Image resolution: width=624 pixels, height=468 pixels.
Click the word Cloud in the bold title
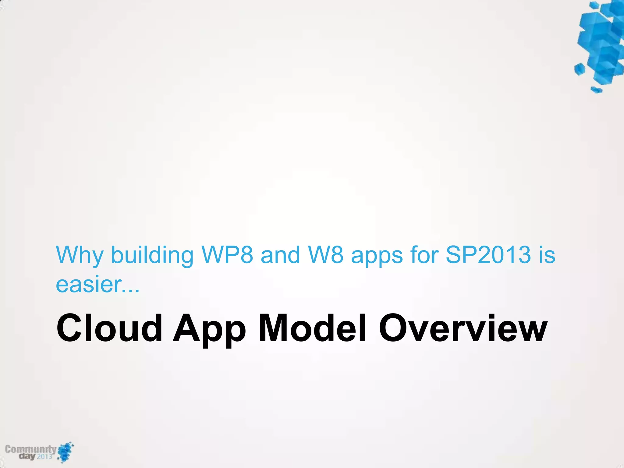coord(109,328)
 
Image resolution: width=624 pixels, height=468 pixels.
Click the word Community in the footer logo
coord(30,449)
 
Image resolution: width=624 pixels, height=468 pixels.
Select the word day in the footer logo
coord(27,456)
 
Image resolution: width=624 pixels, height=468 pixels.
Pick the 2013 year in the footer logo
coord(44,456)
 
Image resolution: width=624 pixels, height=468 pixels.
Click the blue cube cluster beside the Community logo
coord(66,452)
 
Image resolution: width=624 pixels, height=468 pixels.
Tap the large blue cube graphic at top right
coord(600,44)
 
